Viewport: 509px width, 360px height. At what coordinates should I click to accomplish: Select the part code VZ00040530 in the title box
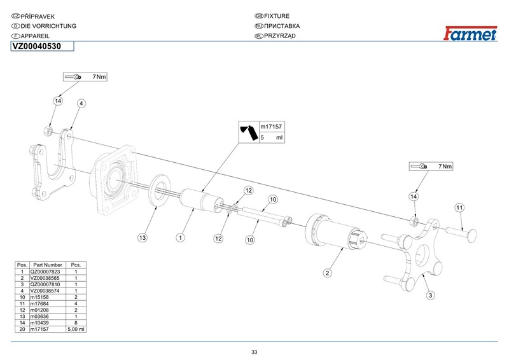[x=36, y=46]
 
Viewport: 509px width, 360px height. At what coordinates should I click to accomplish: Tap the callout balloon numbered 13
[x=143, y=237]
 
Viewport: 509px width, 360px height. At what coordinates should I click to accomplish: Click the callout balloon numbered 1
[x=181, y=237]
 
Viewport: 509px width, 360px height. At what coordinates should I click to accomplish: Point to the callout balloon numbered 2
[x=327, y=273]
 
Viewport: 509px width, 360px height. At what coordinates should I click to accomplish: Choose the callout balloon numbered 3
[x=430, y=295]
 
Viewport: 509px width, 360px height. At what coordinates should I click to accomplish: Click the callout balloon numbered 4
[x=81, y=103]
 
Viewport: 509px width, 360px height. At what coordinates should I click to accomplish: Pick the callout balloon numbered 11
[x=459, y=207]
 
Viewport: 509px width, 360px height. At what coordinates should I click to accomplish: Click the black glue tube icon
[x=248, y=132]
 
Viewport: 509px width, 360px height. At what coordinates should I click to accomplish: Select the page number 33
[x=254, y=352]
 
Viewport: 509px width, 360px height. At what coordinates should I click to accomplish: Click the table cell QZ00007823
[x=46, y=271]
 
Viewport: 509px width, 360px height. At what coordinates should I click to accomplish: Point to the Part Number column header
[x=46, y=265]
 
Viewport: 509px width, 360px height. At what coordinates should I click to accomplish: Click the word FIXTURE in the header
[x=276, y=15]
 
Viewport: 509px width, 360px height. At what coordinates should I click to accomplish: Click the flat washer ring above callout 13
[x=159, y=190]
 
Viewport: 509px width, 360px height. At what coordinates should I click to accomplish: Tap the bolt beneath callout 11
[x=464, y=233]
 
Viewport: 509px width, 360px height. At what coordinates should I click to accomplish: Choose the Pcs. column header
[x=76, y=265]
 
